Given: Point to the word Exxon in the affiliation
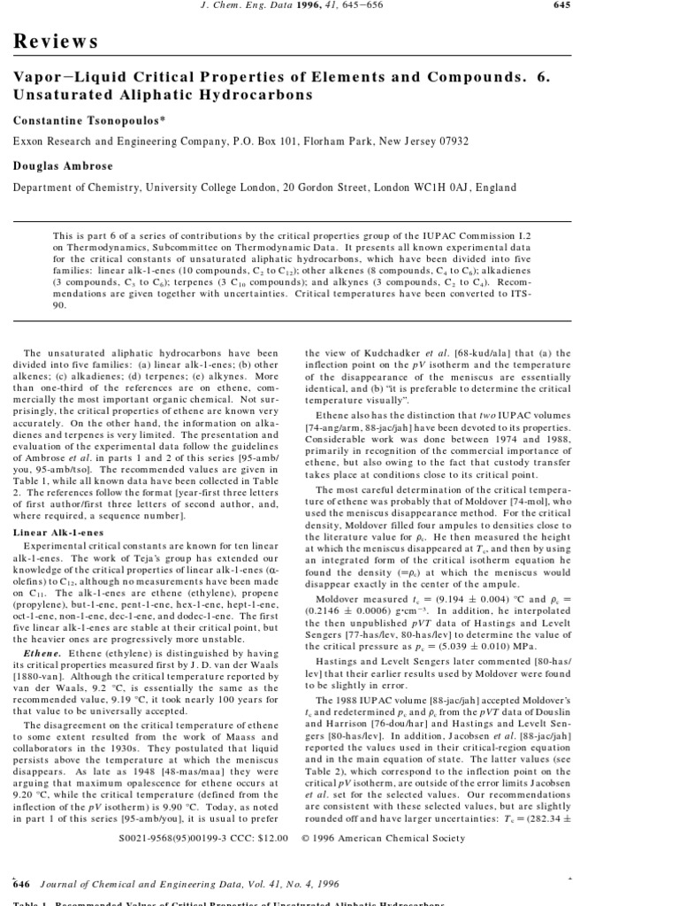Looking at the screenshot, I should coord(27,141).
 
